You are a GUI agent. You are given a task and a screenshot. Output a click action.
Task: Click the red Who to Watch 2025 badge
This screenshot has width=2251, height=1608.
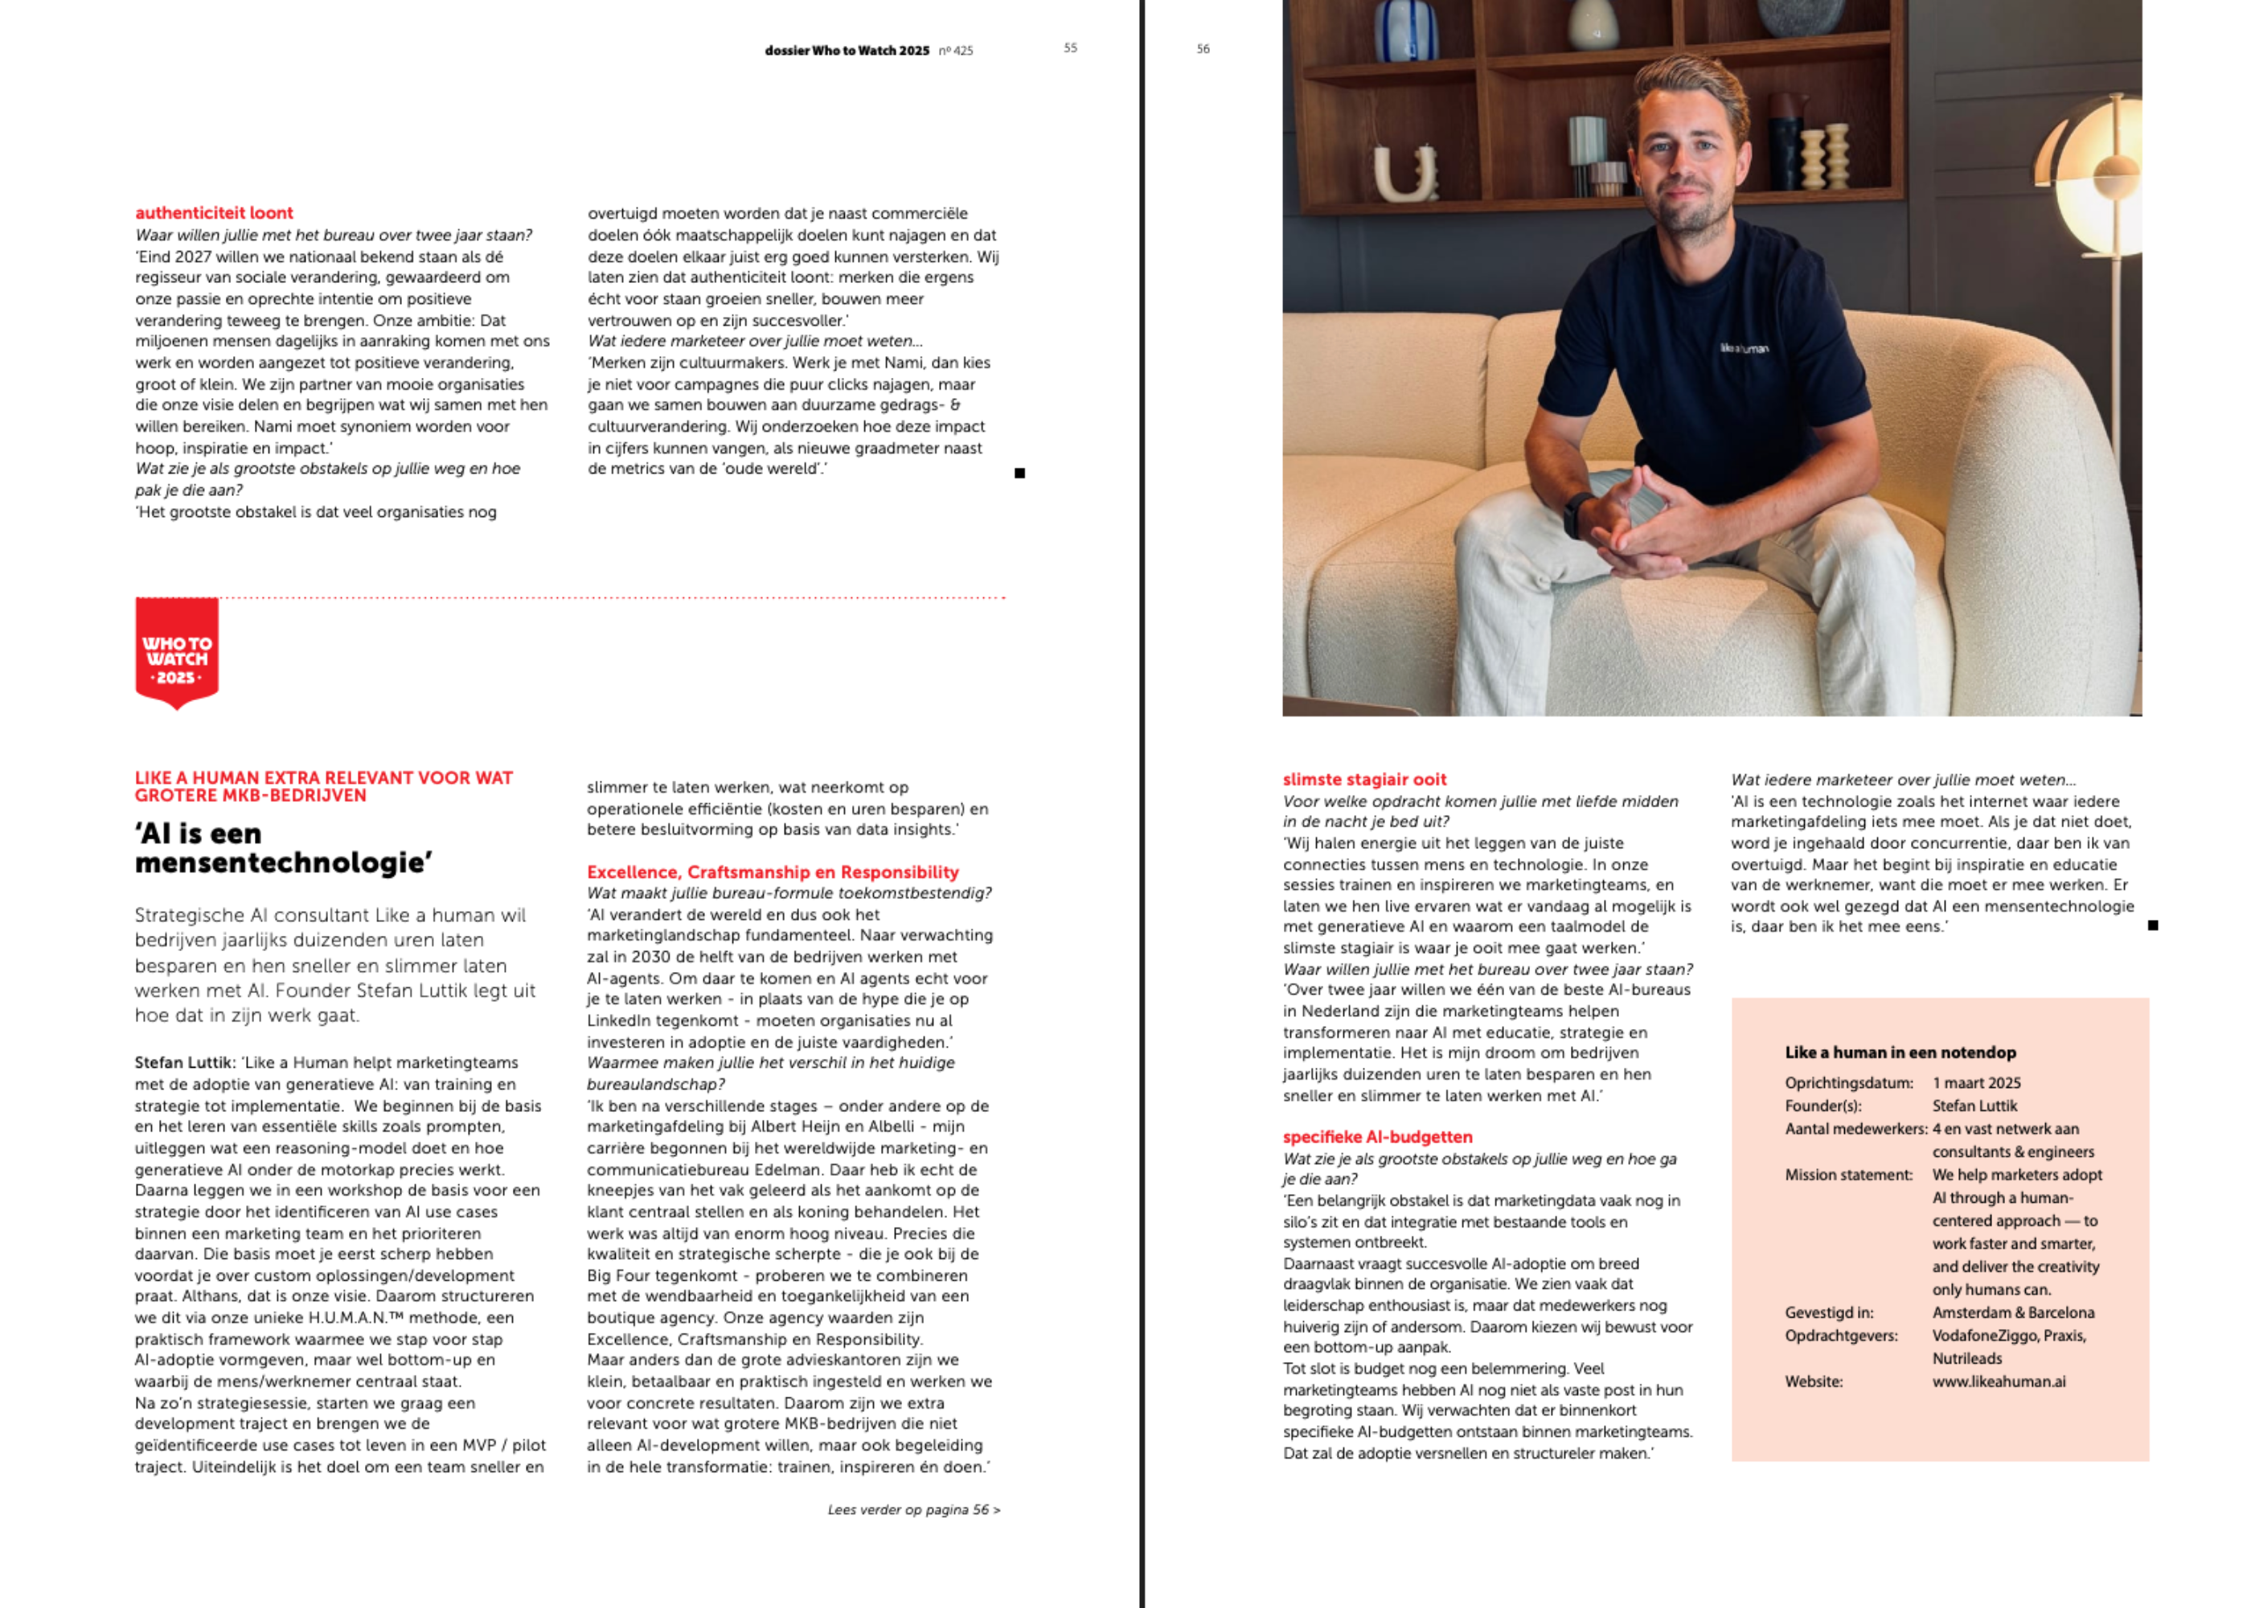176,654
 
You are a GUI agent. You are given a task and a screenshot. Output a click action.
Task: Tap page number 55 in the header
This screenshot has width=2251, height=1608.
1070,47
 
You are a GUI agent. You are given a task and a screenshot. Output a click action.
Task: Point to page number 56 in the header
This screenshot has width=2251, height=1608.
1203,48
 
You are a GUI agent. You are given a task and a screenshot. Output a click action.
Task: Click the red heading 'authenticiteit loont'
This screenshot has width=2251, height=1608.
214,213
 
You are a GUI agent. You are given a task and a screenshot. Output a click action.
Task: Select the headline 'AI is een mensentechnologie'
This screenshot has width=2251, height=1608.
283,847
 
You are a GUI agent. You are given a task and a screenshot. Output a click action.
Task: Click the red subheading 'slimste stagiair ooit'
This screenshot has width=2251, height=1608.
1364,779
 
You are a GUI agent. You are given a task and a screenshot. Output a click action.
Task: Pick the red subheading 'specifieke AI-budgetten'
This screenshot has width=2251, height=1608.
1377,1137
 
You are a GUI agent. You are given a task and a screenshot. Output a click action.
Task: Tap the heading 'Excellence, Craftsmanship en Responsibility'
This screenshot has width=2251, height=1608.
772,872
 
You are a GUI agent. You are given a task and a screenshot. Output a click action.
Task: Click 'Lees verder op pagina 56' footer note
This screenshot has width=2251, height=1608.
913,1510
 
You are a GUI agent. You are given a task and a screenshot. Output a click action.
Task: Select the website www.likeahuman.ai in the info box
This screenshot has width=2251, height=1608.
1999,1381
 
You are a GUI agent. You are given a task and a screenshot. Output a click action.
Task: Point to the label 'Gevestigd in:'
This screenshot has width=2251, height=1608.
1828,1312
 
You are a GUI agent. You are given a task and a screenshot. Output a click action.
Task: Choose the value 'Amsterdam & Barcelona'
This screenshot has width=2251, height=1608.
2012,1312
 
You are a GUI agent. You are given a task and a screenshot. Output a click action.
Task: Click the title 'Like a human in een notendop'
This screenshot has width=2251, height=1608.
1900,1052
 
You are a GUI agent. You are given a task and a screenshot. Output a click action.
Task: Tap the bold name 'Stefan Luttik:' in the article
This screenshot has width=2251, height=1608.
185,1062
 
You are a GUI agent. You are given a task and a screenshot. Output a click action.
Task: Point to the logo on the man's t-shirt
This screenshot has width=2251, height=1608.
1743,348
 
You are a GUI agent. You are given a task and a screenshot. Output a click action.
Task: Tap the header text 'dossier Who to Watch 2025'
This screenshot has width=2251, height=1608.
847,51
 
